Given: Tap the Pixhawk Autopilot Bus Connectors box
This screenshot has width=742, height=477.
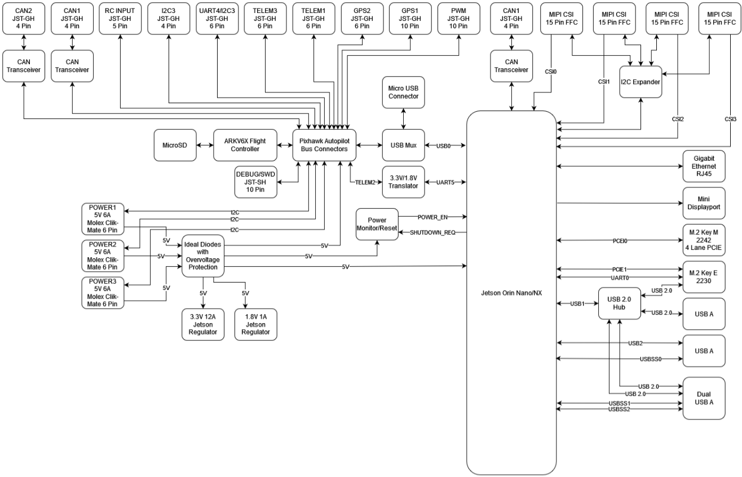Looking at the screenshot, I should pyautogui.click(x=320, y=145).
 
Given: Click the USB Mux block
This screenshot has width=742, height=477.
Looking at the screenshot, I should pyautogui.click(x=403, y=145).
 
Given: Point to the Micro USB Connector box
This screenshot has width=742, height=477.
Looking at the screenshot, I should pyautogui.click(x=403, y=92).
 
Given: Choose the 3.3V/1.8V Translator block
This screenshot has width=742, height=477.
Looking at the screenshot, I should pyautogui.click(x=403, y=182).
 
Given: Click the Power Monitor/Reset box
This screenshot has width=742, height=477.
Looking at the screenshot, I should pyautogui.click(x=376, y=224).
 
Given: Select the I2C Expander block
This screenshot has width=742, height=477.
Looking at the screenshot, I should pyautogui.click(x=641, y=83).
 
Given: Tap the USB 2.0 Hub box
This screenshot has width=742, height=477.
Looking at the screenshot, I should pyautogui.click(x=619, y=304).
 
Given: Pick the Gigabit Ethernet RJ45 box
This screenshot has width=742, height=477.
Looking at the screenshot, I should pyautogui.click(x=704, y=167).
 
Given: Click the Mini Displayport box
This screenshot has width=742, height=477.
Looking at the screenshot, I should pyautogui.click(x=704, y=203).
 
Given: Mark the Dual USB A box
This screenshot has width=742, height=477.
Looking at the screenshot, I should pyautogui.click(x=704, y=398).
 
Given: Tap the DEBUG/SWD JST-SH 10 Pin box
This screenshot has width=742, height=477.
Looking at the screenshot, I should pyautogui.click(x=257, y=182).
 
